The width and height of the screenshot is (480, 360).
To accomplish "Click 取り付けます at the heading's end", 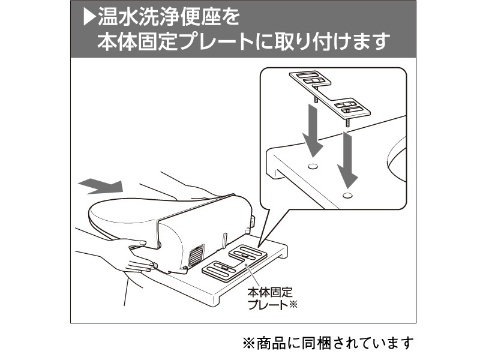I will click(341, 42).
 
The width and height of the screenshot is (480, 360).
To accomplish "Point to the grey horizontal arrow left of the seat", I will click(102, 187).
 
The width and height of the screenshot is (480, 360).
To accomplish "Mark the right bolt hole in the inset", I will click(347, 194).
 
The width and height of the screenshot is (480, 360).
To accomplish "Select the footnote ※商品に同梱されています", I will click(328, 343).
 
